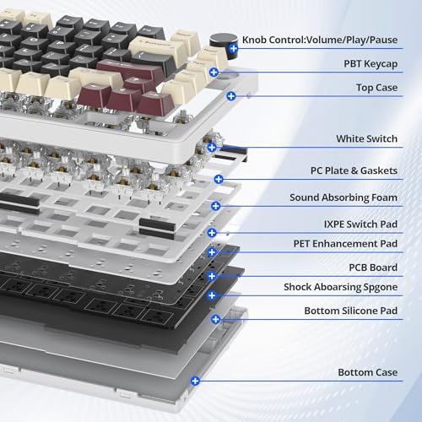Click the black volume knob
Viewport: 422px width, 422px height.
(224, 45)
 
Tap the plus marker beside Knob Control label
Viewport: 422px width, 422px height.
(233, 48)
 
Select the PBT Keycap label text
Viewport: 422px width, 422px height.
(371, 64)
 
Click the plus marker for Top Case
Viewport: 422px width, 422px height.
(231, 96)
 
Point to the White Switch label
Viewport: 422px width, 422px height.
(366, 138)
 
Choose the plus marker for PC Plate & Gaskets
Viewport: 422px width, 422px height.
(219, 179)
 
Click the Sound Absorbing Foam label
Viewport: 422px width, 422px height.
(344, 197)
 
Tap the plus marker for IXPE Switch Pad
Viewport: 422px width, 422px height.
(212, 233)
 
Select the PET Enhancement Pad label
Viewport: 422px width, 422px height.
(345, 244)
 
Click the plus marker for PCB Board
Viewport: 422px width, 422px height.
(212, 276)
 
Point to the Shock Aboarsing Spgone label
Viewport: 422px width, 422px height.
(340, 287)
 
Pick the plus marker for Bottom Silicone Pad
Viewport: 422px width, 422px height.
(216, 319)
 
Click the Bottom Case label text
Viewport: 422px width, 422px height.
(368, 372)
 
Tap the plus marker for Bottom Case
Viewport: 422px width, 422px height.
(195, 381)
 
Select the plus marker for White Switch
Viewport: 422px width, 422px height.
(212, 147)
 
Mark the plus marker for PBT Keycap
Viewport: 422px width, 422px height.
(214, 73)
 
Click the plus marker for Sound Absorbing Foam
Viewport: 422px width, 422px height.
(216, 206)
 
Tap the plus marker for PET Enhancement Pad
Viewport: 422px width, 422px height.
(212, 252)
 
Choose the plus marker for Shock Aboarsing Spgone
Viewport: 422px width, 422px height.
(212, 295)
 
